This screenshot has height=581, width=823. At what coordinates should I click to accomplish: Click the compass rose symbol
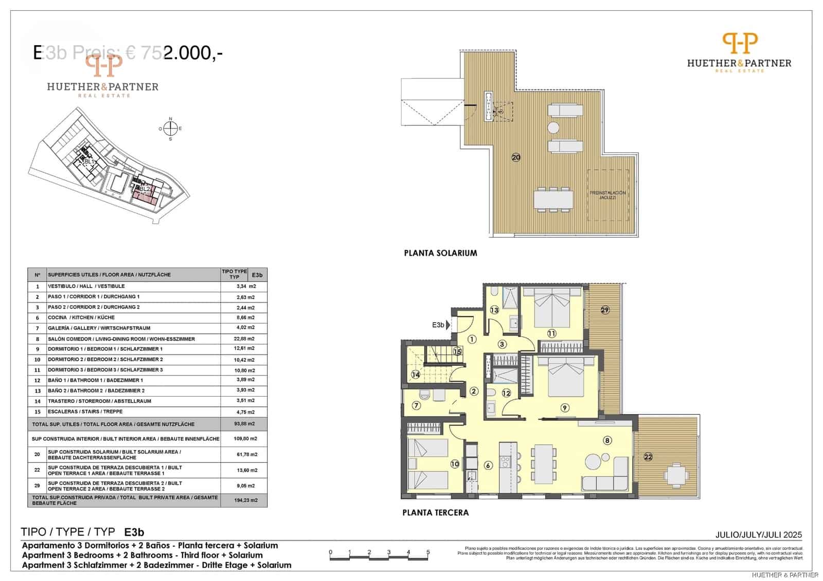(x=171, y=128)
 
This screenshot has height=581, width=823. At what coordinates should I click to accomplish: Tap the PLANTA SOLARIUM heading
(x=440, y=253)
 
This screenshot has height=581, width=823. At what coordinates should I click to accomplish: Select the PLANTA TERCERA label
(x=435, y=512)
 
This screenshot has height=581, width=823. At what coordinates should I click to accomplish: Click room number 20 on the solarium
(x=516, y=158)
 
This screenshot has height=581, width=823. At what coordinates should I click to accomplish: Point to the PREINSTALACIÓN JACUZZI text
(x=607, y=195)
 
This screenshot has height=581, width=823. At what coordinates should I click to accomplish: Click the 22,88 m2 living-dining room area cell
(x=244, y=339)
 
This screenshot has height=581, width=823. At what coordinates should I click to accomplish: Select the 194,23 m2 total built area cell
(x=245, y=500)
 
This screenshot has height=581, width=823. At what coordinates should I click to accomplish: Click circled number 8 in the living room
(x=607, y=440)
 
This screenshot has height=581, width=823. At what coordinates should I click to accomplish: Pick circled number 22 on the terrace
(x=648, y=457)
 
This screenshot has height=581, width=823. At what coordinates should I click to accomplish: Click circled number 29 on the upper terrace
(x=605, y=310)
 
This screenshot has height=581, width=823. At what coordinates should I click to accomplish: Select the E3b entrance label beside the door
(x=438, y=325)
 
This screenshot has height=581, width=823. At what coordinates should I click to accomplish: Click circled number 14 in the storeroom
(x=416, y=374)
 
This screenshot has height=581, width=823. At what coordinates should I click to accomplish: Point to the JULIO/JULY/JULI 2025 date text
(x=758, y=535)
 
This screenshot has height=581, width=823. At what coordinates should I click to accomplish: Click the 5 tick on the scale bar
(x=428, y=553)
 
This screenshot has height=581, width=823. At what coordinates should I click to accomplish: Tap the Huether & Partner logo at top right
(x=739, y=51)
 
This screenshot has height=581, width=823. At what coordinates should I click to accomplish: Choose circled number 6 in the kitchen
(x=488, y=465)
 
